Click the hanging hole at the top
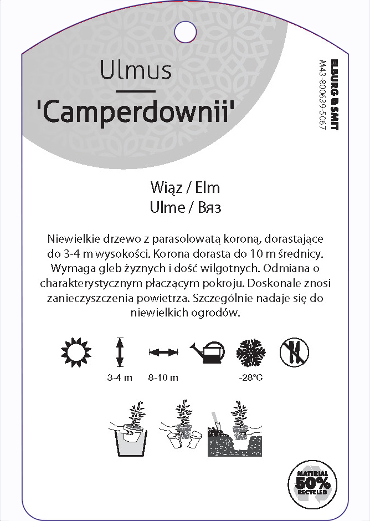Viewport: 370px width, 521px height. [185, 31]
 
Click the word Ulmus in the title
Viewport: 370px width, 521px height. [136, 70]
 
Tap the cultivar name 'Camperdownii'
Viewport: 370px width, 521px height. [136, 111]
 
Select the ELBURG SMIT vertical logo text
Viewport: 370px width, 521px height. [333, 94]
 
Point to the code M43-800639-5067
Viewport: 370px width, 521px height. [322, 94]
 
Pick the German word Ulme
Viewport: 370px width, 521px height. [167, 207]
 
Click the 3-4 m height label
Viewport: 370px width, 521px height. [120, 378]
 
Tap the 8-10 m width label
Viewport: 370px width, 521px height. [163, 378]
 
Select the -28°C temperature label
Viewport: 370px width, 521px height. [250, 378]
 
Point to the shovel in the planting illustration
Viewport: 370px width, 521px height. [213, 422]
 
